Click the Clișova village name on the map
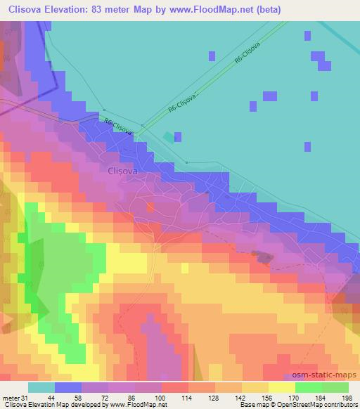122,170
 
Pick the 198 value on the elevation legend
345,398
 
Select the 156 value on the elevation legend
265,398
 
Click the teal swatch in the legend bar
41,387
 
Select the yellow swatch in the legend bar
281,387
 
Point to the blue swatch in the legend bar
67,387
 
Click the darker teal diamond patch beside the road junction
167,137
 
